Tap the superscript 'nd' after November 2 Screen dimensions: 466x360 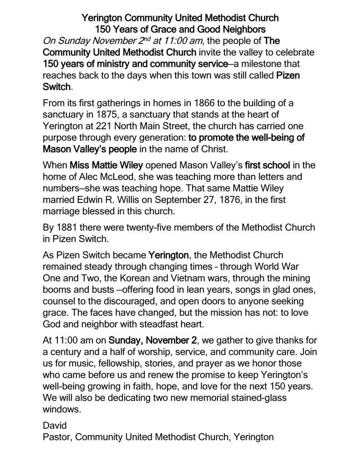(126, 39)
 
